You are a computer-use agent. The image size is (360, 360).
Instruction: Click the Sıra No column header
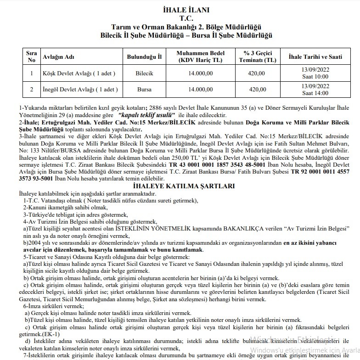click(x=31, y=56)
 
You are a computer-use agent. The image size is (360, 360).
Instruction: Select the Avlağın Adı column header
click(x=58, y=57)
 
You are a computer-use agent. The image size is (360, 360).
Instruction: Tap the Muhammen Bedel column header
click(x=200, y=56)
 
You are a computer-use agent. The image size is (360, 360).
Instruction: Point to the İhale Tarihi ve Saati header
click(x=315, y=57)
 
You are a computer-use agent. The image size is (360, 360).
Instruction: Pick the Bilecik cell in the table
click(x=145, y=73)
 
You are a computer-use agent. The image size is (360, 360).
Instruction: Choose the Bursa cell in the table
click(x=145, y=90)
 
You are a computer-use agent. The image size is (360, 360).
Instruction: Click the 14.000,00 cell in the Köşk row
click(x=200, y=73)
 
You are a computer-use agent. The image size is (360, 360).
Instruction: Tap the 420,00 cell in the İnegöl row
click(x=257, y=90)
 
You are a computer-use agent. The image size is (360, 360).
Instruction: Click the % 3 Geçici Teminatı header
click(x=257, y=56)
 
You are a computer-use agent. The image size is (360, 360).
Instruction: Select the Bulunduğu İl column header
click(x=145, y=57)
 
